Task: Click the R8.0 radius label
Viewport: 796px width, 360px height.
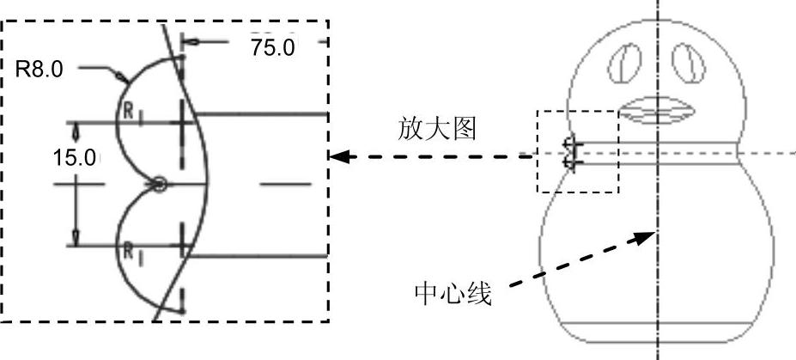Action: point(39,69)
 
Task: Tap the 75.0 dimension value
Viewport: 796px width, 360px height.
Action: point(272,47)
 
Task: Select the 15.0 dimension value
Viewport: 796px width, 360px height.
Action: point(75,158)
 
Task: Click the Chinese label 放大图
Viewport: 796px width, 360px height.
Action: point(438,129)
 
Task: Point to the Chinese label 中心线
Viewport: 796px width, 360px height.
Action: point(453,295)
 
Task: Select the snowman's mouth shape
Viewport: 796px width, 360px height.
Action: point(658,111)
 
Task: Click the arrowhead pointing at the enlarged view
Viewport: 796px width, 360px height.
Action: point(342,156)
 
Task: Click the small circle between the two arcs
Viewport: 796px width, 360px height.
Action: point(157,183)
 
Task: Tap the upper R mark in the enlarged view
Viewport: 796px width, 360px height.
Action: point(127,110)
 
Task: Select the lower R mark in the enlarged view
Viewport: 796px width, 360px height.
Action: point(127,250)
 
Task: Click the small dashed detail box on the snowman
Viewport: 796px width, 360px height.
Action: point(577,151)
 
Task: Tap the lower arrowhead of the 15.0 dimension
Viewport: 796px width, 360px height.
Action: point(75,238)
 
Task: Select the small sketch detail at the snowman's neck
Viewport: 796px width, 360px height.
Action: point(569,153)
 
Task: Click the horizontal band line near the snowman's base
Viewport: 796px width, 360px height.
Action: point(658,321)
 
